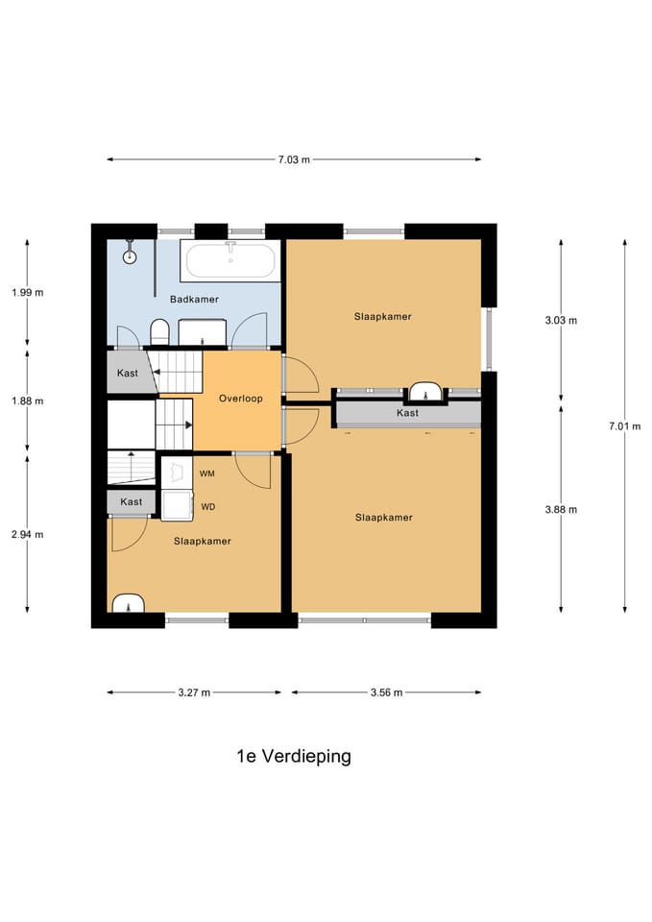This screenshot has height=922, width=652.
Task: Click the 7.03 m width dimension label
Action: [294, 159]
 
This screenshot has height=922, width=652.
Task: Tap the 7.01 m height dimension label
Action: [624, 426]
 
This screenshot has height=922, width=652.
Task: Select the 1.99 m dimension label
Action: [27, 292]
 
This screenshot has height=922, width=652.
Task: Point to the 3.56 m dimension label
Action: [386, 692]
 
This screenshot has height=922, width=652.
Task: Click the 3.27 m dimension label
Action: [194, 692]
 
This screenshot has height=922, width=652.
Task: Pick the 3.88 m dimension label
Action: [561, 510]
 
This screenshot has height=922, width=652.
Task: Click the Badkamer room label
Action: [194, 300]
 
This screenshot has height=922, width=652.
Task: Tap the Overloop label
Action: [240, 399]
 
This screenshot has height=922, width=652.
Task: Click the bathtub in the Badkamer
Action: [230, 260]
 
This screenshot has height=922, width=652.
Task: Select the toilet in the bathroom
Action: [159, 332]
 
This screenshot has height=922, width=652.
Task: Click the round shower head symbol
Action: [130, 256]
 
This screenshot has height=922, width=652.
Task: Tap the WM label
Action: [207, 473]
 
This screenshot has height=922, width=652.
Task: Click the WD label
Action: [208, 507]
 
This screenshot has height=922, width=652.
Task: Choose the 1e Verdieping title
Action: [294, 756]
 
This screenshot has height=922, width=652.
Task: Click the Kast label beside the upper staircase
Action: [128, 373]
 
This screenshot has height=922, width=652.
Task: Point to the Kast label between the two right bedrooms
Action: [407, 413]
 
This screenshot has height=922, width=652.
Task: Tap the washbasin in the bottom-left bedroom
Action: [128, 604]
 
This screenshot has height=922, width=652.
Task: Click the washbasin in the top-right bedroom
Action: [425, 392]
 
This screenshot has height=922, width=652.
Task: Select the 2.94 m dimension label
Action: [27, 535]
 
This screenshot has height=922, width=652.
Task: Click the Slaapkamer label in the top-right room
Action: [383, 316]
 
